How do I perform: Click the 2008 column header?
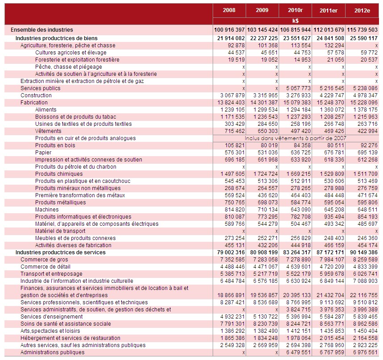pos(229,10)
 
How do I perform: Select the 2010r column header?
pos(295,10)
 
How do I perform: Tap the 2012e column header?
pos(362,11)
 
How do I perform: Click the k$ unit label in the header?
pos(295,21)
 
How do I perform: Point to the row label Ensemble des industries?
pos(42,30)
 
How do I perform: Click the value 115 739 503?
pos(362,30)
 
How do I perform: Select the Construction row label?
pos(36,95)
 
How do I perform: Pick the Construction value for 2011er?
pos(330,95)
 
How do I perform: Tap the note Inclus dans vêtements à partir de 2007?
pos(295,138)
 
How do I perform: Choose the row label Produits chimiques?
pos(59,174)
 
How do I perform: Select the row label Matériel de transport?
pos(60,231)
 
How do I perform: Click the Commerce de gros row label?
pos(44,260)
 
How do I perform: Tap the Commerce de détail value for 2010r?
pos(298,267)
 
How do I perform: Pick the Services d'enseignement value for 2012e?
pos(365,316)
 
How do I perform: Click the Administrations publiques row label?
pos(52,352)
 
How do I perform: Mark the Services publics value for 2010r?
pos(298,88)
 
